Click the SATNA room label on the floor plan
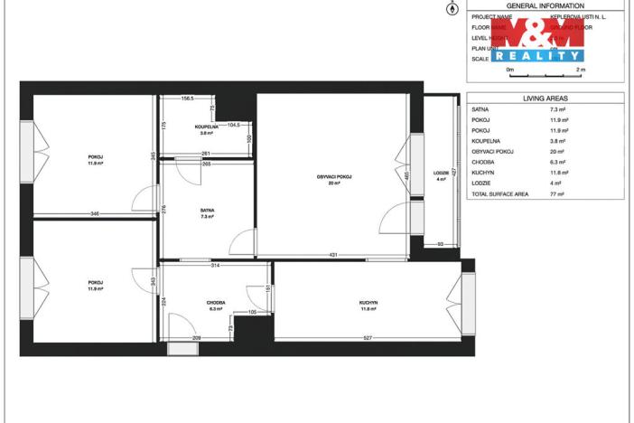(x=207, y=210)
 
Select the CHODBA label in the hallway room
(x=215, y=302)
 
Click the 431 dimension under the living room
(x=332, y=255)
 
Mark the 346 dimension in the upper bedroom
(x=95, y=213)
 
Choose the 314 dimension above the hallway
(x=215, y=266)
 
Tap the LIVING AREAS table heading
(x=545, y=98)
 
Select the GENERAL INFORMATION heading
(x=545, y=5)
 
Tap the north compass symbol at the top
(x=452, y=9)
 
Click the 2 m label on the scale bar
(x=580, y=69)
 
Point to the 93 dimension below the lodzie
(x=440, y=244)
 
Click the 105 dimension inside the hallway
(x=252, y=312)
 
